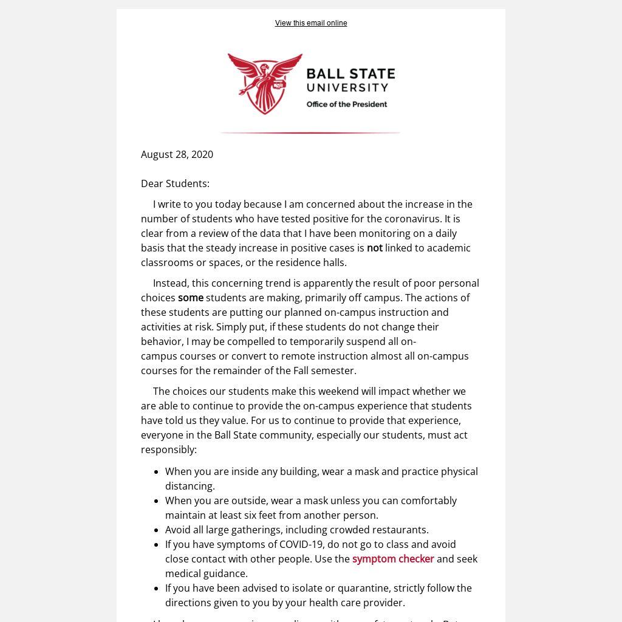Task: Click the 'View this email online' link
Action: click(x=310, y=23)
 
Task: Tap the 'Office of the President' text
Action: click(x=346, y=104)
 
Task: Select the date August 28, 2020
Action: click(x=177, y=154)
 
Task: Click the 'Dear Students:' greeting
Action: click(x=175, y=183)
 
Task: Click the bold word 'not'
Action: click(x=374, y=248)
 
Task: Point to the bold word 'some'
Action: click(x=190, y=298)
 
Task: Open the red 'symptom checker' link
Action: click(x=393, y=559)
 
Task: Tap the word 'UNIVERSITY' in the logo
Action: click(x=347, y=88)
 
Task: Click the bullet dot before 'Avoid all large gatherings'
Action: click(x=157, y=530)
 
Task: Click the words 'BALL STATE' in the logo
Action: click(x=350, y=74)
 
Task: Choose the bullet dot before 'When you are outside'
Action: click(x=157, y=501)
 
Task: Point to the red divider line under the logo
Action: click(x=310, y=132)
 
